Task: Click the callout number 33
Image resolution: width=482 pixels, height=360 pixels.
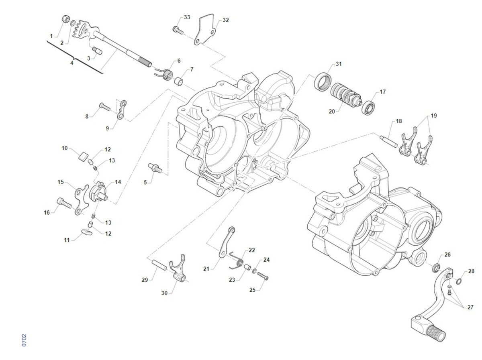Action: click(187, 17)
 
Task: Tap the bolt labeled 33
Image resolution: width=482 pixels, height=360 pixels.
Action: click(177, 29)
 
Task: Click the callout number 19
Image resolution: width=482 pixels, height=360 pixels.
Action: click(433, 116)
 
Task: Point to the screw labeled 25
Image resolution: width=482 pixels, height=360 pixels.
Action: click(263, 277)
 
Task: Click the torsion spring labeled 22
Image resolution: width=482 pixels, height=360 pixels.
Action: click(238, 261)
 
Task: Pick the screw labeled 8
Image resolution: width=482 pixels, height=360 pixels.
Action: click(104, 106)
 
